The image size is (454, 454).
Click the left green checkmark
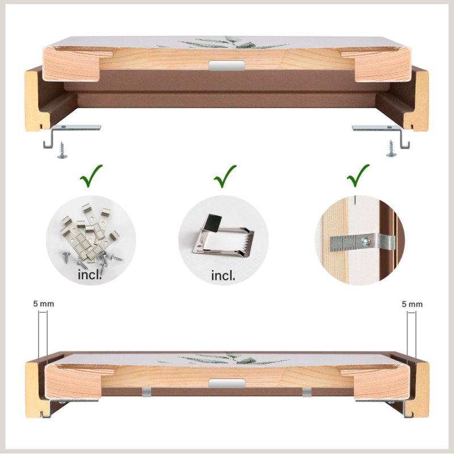tap(90, 176)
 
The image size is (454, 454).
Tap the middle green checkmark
tap(224, 176)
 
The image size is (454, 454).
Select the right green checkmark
tap(358, 175)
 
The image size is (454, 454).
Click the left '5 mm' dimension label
tap(44, 304)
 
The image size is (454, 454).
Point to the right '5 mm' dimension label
tap(412, 304)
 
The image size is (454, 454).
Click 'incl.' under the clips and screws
tap(90, 275)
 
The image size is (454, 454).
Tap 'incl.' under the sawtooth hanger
tap(223, 276)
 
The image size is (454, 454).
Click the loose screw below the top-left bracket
tap(62, 150)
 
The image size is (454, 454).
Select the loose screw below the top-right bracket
tap(391, 149)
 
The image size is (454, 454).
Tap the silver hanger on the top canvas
tap(226, 65)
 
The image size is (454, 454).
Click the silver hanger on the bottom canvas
tap(226, 384)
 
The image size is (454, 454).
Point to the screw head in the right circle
tap(366, 241)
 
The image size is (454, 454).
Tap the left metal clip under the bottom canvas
tap(146, 392)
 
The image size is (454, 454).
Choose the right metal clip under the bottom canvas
tap(307, 392)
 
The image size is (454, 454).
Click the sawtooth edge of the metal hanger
tap(249, 242)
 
